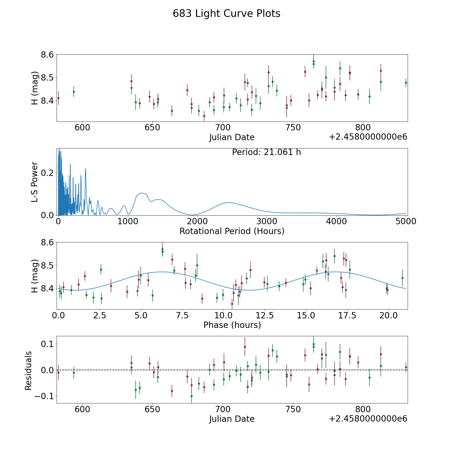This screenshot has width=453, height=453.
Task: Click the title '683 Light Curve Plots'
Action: (x=226, y=14)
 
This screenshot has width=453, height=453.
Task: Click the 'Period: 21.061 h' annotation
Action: (x=267, y=152)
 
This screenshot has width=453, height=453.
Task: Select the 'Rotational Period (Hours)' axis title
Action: (x=232, y=231)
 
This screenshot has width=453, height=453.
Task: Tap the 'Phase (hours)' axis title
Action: (x=232, y=325)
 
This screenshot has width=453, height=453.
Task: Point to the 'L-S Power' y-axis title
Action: (x=35, y=182)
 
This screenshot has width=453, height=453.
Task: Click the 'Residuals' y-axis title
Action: (x=28, y=370)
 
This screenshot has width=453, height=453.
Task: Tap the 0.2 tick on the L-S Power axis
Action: (x=48, y=173)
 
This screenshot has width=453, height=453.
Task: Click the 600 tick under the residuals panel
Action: (x=83, y=409)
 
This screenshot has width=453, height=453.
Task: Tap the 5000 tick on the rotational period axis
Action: (x=406, y=221)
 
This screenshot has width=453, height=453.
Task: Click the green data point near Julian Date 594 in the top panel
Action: (x=74, y=92)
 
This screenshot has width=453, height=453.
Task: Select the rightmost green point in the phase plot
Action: (x=402, y=278)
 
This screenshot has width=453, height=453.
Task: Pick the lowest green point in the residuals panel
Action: (x=192, y=396)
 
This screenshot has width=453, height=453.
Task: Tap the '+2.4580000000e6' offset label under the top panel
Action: (x=368, y=137)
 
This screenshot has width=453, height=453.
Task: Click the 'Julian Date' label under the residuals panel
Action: (x=232, y=419)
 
